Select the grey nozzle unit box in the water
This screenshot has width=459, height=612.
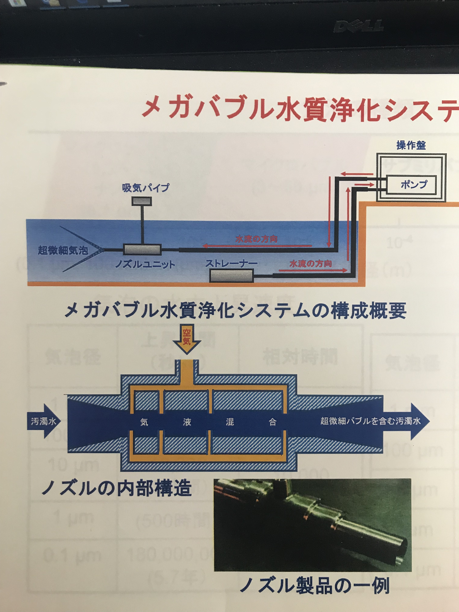[142, 250]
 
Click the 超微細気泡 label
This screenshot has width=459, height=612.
[63, 251]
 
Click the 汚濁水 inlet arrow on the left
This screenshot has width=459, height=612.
[43, 421]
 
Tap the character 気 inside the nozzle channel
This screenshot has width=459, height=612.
[144, 422]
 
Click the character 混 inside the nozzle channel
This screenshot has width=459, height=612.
[230, 422]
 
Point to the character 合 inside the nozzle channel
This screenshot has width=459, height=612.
[272, 422]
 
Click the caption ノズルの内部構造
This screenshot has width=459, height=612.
[116, 488]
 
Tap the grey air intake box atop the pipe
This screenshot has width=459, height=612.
[141, 201]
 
